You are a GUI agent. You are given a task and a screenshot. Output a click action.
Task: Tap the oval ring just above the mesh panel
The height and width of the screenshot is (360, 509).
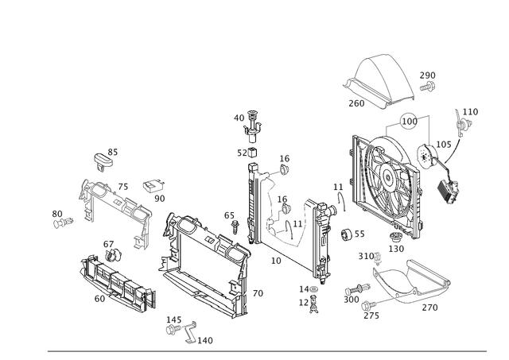click(408, 122)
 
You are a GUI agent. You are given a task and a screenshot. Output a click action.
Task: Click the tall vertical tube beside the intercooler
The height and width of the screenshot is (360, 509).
click(257, 207)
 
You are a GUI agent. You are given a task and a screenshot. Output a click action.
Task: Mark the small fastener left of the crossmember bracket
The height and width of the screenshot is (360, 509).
click(60, 216)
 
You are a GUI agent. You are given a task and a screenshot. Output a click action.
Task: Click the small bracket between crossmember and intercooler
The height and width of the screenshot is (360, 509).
click(155, 188)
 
